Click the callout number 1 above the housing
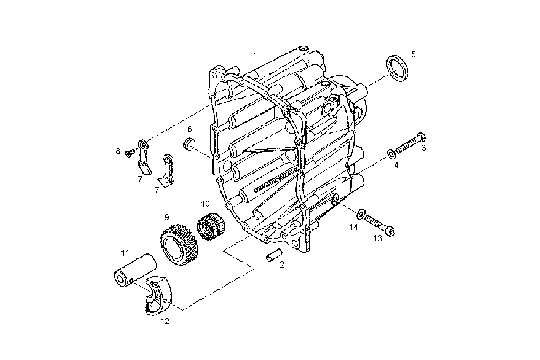tap(256, 55)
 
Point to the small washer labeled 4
tap(391, 154)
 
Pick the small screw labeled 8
tap(129, 153)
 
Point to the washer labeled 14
tap(360, 214)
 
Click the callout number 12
tap(165, 322)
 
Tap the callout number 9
tap(166, 217)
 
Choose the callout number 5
tap(413, 54)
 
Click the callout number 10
tap(205, 204)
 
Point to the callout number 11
tap(125, 252)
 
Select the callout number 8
tap(118, 151)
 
